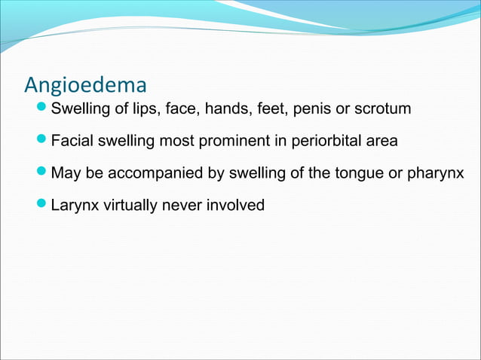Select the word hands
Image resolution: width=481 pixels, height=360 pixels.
210,110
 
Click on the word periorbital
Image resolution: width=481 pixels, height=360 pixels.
328,142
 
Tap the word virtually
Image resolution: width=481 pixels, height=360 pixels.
127,205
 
